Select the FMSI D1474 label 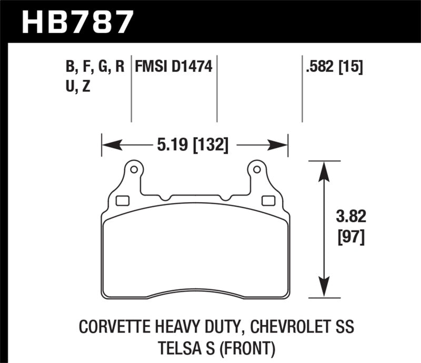174,67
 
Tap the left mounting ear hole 133,170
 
